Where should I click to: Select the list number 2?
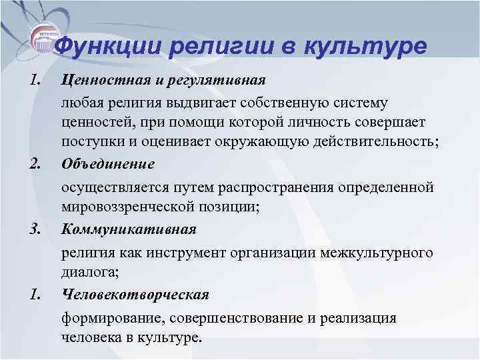point(37,164)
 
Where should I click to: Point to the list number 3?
point(37,229)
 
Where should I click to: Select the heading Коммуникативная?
point(128,229)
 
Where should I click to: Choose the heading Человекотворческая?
point(135,294)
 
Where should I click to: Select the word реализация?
point(363,317)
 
